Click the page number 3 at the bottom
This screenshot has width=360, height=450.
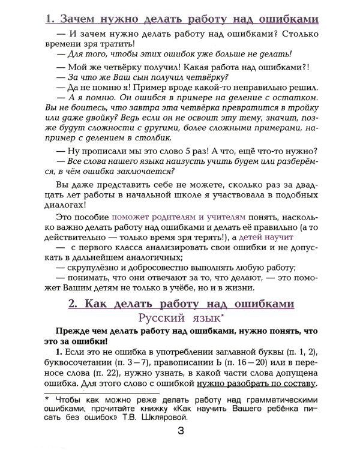click(x=181, y=431)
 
